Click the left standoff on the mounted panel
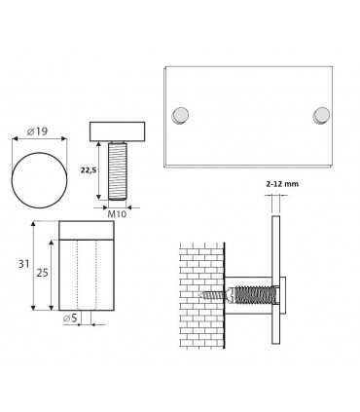(x=181, y=116)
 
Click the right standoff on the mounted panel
(x=320, y=116)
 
